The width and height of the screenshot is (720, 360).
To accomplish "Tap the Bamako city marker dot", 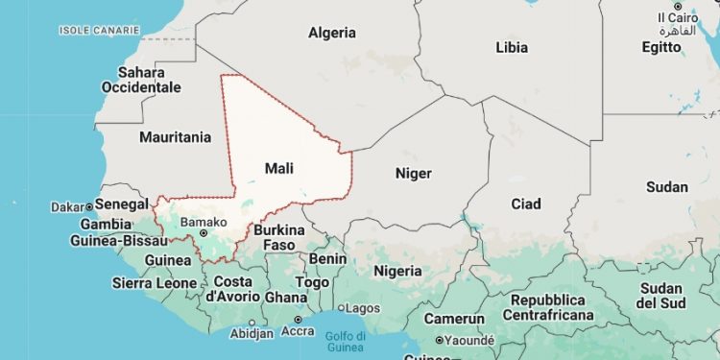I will pyautogui.click(x=178, y=232).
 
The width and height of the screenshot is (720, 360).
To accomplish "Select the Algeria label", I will pyautogui.click(x=332, y=33).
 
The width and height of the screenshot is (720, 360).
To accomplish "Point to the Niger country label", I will pyautogui.click(x=414, y=174).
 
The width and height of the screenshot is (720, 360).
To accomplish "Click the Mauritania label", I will pyautogui.click(x=175, y=137).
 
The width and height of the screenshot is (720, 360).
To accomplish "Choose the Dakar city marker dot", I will pyautogui.click(x=89, y=206).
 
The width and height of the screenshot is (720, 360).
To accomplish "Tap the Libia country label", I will pyautogui.click(x=512, y=46).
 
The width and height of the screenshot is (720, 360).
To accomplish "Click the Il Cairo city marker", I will pyautogui.click(x=677, y=7).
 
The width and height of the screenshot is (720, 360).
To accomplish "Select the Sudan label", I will pyautogui.click(x=667, y=186).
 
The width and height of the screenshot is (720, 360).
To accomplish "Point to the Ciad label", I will pyautogui.click(x=526, y=204).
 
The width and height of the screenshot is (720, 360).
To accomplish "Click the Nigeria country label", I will pyautogui.click(x=397, y=270).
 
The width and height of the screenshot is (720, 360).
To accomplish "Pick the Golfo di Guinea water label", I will pyautogui.click(x=346, y=341).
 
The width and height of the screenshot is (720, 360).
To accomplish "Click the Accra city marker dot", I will pyautogui.click(x=298, y=320).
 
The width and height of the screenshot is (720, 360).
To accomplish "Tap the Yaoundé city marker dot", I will pyautogui.click(x=440, y=340).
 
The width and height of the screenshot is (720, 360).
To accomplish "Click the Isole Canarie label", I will pyautogui.click(x=100, y=31).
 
